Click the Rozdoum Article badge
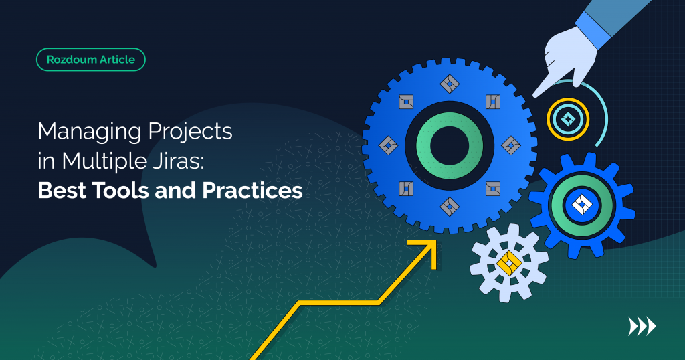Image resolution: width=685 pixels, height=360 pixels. tap(90, 60)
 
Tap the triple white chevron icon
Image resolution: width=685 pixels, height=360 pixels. tap(642, 326)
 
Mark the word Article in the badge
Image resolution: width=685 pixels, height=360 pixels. tap(113, 60)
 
